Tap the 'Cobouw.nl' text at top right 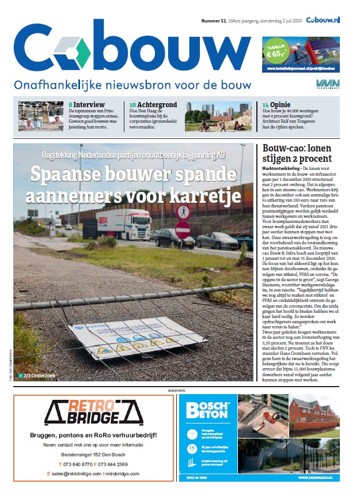(323, 20)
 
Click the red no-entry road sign (183, 229)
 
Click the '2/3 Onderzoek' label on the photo (41, 376)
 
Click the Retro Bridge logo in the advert (93, 410)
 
